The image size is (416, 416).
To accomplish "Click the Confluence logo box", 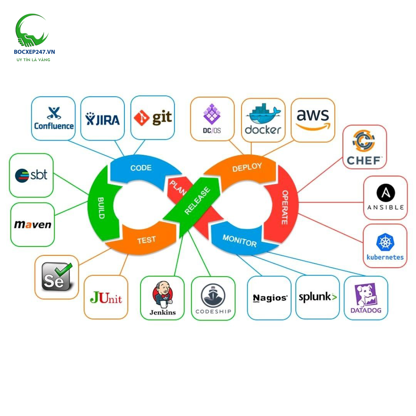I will pyautogui.click(x=53, y=118).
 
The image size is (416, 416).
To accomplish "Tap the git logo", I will pyautogui.click(x=153, y=117).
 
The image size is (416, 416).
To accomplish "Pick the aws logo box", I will pyautogui.click(x=313, y=119).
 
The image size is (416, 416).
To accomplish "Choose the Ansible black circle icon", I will pyautogui.click(x=385, y=193).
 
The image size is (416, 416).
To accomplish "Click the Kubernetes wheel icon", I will pyautogui.click(x=385, y=242).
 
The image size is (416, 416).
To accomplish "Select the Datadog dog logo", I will pyautogui.click(x=366, y=295).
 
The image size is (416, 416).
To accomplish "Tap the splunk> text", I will pyautogui.click(x=318, y=297).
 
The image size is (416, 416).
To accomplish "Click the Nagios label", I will pyautogui.click(x=270, y=298).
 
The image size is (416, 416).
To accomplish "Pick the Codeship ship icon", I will pyautogui.click(x=213, y=295).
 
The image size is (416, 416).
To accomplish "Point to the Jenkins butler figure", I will pyautogui.click(x=162, y=293).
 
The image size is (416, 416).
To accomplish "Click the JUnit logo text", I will pyautogui.click(x=106, y=297).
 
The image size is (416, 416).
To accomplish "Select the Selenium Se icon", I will pyautogui.click(x=57, y=277).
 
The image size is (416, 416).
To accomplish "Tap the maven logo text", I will pyautogui.click(x=33, y=224).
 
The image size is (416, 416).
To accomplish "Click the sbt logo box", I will pyautogui.click(x=31, y=175).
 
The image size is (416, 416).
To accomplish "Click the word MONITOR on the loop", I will pyautogui.click(x=239, y=241).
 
